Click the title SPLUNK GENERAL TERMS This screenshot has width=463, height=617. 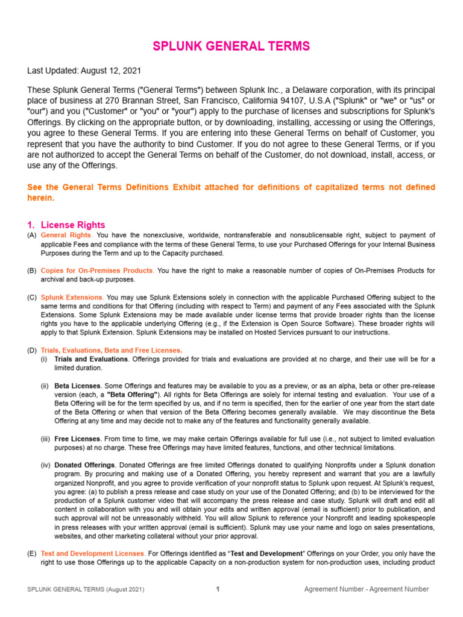[x=231, y=46]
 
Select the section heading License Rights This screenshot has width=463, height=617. [x=72, y=225]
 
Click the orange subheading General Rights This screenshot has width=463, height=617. [x=66, y=235]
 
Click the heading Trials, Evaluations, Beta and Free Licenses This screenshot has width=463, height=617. [x=111, y=351]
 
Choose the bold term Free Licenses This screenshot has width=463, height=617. [x=77, y=439]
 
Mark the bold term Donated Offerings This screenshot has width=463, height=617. [x=83, y=465]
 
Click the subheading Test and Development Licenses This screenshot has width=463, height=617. [x=92, y=553]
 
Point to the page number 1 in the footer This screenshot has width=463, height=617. [x=218, y=589]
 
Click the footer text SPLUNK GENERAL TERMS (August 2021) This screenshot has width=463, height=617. [x=86, y=589]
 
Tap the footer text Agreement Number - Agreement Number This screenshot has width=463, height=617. [x=367, y=589]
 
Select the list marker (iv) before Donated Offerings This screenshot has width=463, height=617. [x=45, y=465]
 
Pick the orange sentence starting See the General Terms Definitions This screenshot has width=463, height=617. [x=231, y=192]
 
